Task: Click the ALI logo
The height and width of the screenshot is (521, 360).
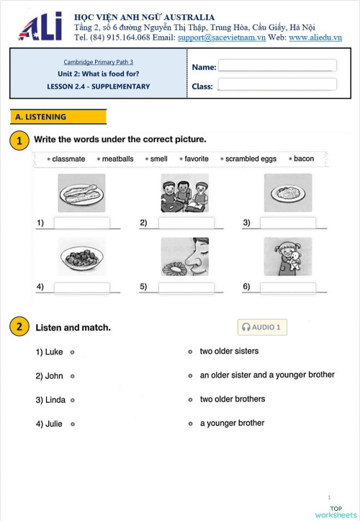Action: (40, 27)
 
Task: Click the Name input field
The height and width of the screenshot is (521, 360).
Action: (277, 66)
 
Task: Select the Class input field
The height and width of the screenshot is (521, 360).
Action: (277, 84)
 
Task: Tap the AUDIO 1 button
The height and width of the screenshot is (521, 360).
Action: (262, 327)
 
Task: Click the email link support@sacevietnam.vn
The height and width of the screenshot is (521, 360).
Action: (221, 37)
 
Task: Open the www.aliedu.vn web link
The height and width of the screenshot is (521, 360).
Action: (315, 37)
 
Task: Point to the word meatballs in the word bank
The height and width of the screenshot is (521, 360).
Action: (117, 159)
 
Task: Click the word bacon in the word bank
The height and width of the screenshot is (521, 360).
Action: (304, 159)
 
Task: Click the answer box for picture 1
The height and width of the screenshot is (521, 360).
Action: (81, 223)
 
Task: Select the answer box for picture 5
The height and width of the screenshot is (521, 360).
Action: (186, 288)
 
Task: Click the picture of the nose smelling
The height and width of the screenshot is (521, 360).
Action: (184, 257)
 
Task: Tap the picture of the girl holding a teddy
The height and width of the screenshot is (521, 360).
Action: (288, 257)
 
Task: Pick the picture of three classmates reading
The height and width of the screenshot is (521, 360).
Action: (184, 192)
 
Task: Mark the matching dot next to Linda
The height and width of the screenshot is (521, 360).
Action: (73, 400)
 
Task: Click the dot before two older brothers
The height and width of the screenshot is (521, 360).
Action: (190, 399)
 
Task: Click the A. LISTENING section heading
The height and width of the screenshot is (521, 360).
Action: (58, 117)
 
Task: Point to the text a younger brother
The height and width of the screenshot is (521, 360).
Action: (232, 423)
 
